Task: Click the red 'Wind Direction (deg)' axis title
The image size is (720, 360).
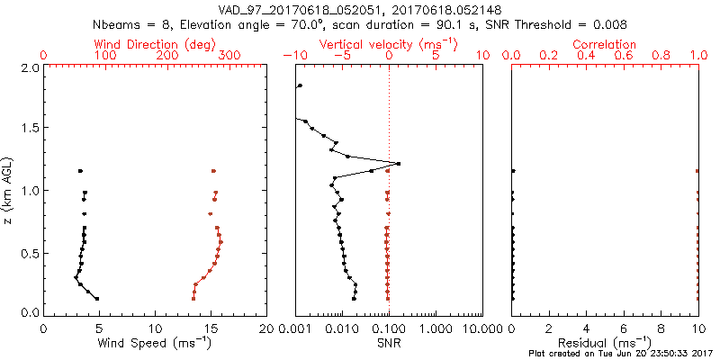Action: (x=155, y=43)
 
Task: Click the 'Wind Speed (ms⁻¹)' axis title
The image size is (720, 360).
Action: (x=155, y=342)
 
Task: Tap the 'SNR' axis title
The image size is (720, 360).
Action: (x=388, y=342)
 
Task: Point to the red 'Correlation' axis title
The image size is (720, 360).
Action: (x=604, y=43)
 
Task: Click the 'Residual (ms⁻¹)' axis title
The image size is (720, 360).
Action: (x=604, y=342)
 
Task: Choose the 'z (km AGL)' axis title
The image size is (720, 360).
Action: (x=8, y=190)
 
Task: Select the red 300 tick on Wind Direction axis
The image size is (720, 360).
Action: (x=229, y=56)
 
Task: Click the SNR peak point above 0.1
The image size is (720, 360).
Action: (x=398, y=164)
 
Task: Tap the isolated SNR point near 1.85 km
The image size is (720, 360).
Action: (x=300, y=85)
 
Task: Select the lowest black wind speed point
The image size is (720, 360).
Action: (x=96, y=299)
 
